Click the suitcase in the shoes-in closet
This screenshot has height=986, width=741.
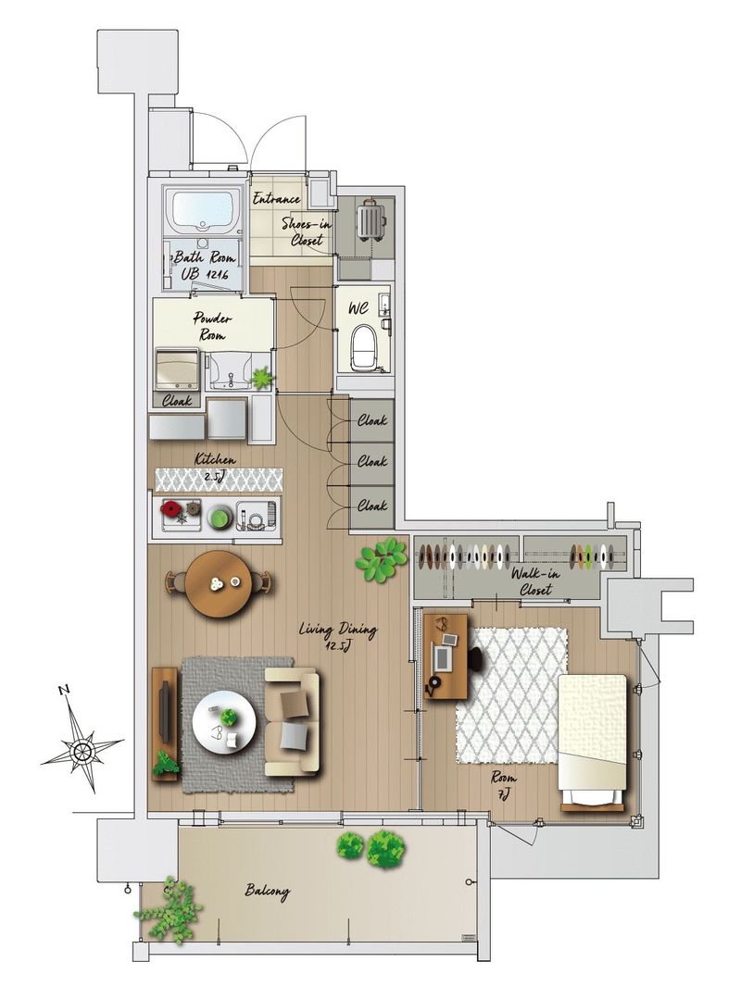coord(371,220)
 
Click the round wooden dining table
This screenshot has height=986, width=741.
coord(220,583)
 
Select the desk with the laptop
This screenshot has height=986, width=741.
coord(446,655)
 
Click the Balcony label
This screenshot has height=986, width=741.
coord(268,891)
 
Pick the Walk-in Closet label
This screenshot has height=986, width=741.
coord(534,581)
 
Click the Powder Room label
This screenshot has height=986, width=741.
coord(212,327)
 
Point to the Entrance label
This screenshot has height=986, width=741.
coord(276,199)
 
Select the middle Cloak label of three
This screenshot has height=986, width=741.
coord(371,462)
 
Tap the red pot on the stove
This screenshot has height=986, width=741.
coord(170,507)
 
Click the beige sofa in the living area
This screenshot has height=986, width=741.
coord(292,722)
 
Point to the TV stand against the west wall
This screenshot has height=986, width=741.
coord(165,724)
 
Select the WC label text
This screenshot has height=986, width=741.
coord(358,309)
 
